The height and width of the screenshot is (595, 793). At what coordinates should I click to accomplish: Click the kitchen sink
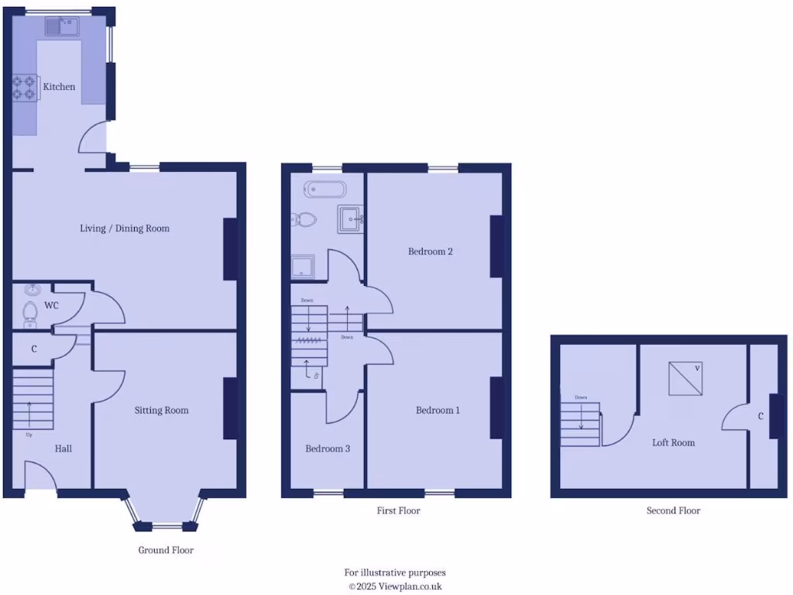point(60,27)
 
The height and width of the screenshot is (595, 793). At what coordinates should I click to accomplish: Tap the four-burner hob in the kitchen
point(25,86)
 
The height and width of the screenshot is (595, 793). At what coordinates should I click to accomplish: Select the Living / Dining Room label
point(125,229)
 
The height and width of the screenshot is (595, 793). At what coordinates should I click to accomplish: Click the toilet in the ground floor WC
point(30,311)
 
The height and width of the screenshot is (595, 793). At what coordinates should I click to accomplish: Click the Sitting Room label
point(161,411)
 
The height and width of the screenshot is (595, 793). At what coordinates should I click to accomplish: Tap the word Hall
point(64,449)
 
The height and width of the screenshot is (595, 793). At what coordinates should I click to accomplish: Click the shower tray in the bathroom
point(303,267)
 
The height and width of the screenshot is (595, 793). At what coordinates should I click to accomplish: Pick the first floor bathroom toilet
point(304,219)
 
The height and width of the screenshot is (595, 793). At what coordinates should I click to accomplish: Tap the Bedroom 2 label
point(431,252)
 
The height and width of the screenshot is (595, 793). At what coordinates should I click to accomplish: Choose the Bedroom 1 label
point(438,411)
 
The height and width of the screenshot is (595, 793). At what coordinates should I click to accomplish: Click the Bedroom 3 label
point(328,449)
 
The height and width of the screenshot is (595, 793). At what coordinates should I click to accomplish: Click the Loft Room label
point(673,443)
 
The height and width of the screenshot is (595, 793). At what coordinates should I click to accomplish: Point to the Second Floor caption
point(673,511)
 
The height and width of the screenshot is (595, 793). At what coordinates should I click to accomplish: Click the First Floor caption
point(398,511)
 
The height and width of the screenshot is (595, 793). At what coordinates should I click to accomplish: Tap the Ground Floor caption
point(166,550)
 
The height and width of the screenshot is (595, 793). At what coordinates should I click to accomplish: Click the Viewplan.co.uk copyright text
point(395,586)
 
